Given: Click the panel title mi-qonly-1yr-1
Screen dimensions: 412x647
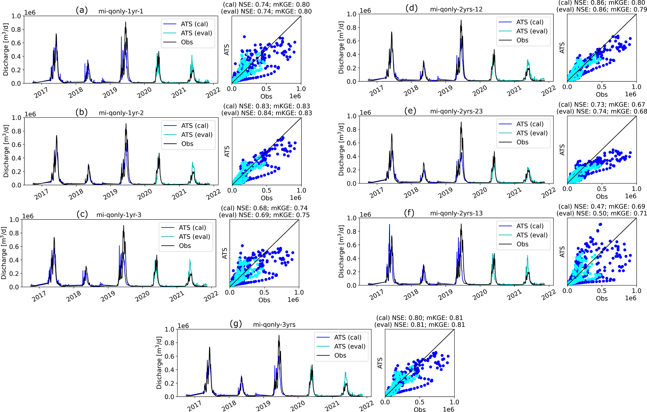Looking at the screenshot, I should click(x=121, y=11).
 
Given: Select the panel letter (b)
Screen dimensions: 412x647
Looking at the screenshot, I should click(x=82, y=112).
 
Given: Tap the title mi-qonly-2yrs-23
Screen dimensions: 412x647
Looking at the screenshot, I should click(x=456, y=111).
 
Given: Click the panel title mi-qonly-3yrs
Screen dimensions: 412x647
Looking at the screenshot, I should click(x=274, y=325).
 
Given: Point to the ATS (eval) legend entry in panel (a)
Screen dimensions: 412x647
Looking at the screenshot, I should click(x=196, y=33).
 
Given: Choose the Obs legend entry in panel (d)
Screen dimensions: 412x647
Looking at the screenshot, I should click(x=522, y=40).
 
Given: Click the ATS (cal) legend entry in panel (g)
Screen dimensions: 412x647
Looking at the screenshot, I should click(x=347, y=337).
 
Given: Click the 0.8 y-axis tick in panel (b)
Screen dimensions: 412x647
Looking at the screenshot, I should click(x=16, y=131).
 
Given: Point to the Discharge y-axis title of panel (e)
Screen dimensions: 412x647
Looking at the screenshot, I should click(x=341, y=149).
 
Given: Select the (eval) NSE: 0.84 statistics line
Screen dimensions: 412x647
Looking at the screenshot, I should click(x=266, y=113).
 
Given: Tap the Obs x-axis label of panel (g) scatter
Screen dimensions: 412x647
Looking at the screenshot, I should click(x=419, y=409).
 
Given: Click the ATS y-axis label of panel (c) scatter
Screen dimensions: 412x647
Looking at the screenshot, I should click(x=224, y=253).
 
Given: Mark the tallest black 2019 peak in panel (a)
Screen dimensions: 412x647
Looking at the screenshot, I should click(x=126, y=22).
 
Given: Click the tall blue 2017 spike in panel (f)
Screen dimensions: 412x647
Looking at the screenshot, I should click(x=389, y=224).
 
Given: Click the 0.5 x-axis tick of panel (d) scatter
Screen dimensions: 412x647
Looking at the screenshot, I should click(x=602, y=87).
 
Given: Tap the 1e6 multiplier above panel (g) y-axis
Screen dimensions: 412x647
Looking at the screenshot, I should click(x=183, y=326).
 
